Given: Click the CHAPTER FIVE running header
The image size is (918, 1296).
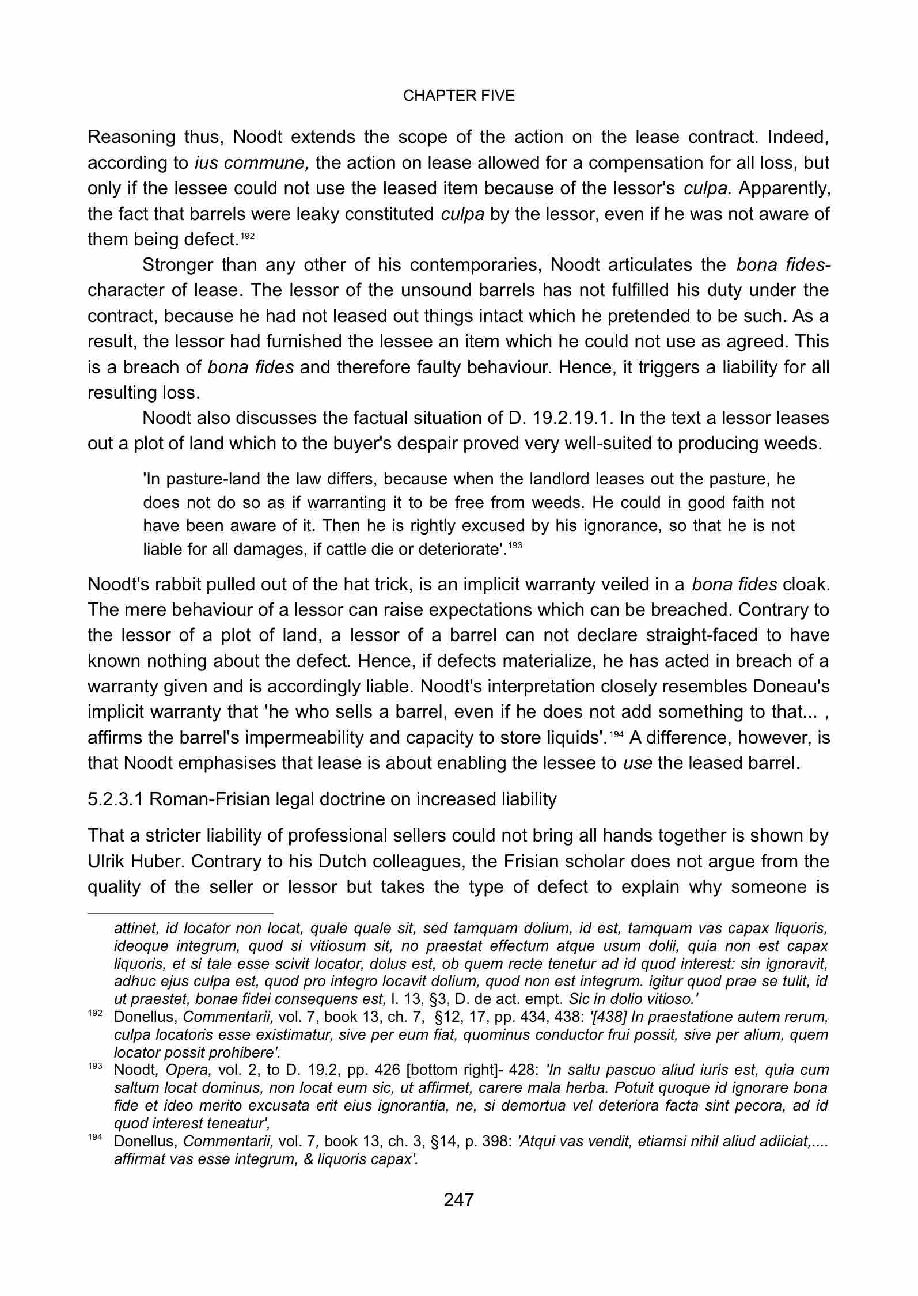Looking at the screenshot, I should point(458,96).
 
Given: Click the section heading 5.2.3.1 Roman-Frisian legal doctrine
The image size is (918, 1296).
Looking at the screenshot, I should point(322,799).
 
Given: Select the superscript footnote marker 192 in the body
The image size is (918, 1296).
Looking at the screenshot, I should point(246,236).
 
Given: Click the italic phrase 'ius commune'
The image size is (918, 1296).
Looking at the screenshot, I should point(252,163).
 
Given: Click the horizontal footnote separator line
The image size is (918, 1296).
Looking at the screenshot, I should point(180,913).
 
